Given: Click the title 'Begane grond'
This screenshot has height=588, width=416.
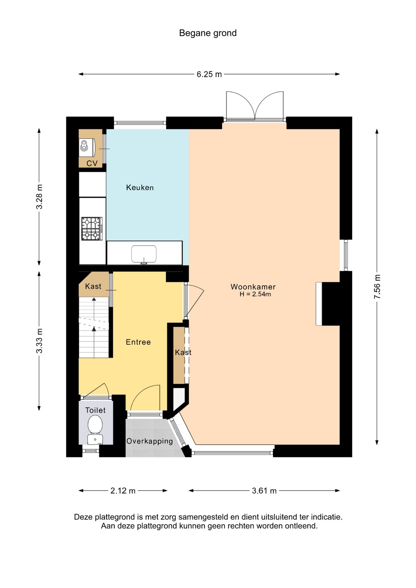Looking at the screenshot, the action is click(208, 33).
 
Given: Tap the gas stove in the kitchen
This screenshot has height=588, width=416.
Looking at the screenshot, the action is click(92, 229).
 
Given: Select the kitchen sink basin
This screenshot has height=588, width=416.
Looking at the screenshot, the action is click(144, 254).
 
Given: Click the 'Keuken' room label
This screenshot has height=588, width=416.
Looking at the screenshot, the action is click(140, 187).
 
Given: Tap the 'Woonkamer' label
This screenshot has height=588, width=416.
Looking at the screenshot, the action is click(253, 287).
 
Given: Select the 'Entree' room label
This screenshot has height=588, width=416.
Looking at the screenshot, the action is click(138, 342).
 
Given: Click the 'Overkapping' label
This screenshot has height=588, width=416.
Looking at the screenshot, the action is click(149, 441).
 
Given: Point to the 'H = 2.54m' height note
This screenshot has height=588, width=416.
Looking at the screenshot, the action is click(255, 294).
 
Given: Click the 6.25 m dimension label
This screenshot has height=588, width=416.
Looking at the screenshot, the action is click(209, 74).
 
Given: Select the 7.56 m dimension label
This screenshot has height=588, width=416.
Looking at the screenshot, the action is click(377, 287).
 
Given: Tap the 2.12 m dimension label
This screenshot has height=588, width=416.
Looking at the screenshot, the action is click(123, 491).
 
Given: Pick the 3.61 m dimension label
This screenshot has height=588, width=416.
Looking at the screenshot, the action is click(264, 491).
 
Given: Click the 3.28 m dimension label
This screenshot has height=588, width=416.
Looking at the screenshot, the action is click(39, 197).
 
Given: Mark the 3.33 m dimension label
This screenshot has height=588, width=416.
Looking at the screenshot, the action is click(39, 341).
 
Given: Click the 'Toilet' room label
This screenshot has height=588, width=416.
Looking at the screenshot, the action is click(95, 410).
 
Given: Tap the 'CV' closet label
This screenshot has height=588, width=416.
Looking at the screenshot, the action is click(92, 163).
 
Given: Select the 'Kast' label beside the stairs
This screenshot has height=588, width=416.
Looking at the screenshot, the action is click(93, 286).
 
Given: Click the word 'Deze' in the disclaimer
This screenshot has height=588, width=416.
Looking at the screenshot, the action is click(83, 517).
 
